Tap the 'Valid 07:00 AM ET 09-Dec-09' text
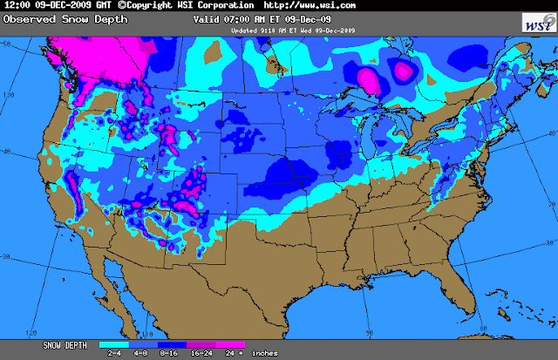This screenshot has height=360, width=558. click(301, 18)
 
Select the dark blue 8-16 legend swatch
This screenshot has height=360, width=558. click(167, 345)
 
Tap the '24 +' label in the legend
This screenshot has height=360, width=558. click(231, 354)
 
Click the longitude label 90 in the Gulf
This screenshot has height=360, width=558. click(370, 331)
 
